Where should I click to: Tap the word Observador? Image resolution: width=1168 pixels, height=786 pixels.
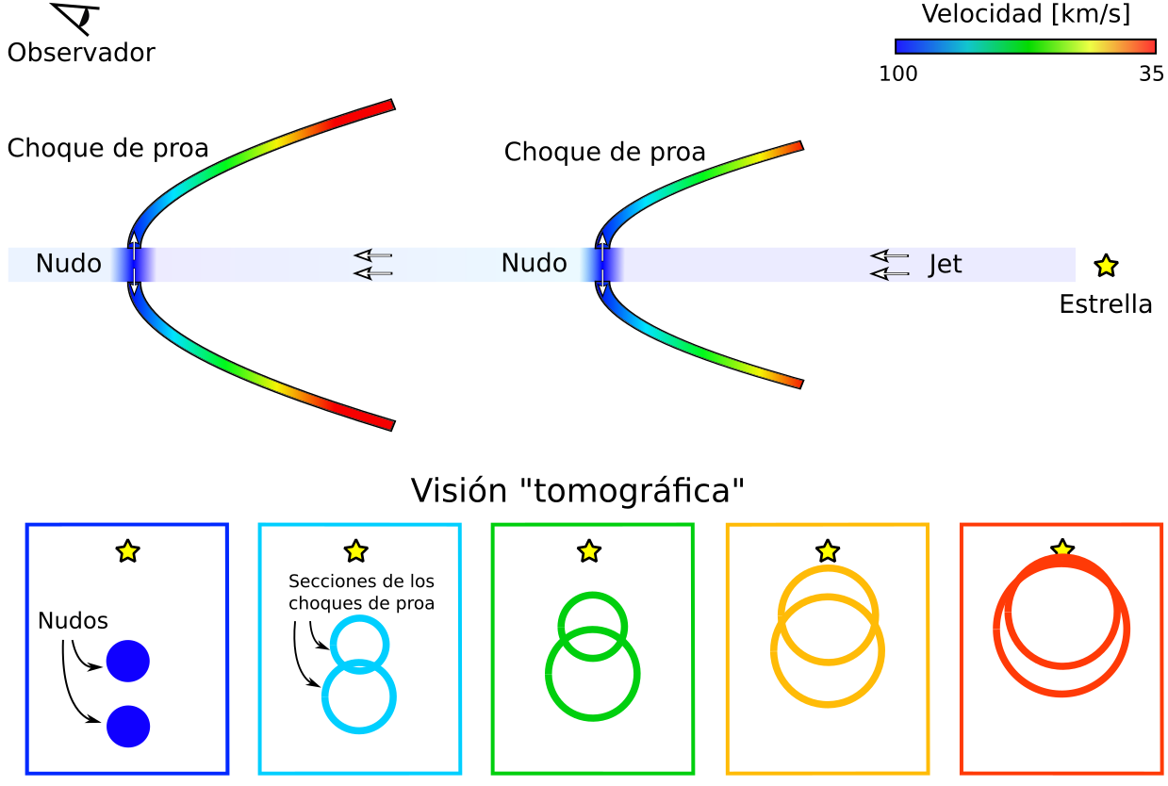coord(81,53)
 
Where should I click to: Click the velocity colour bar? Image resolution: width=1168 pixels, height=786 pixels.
coord(1025,46)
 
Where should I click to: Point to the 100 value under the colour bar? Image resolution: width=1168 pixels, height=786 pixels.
coord(897,74)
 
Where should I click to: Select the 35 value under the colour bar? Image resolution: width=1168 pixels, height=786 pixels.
coord(1151,74)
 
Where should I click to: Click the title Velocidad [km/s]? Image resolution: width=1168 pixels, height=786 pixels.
coord(1026,14)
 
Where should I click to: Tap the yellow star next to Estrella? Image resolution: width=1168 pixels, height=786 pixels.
coord(1106,266)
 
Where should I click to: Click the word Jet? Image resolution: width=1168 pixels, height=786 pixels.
coord(945,264)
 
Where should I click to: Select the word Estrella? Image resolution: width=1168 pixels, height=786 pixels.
coord(1106,304)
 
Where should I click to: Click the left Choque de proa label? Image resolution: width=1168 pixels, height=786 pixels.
coord(107,149)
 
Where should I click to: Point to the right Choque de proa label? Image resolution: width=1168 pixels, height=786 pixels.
coord(605,152)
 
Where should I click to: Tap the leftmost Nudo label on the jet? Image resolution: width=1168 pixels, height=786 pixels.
coord(68,263)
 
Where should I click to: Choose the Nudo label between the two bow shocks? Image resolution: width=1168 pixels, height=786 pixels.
coord(534,263)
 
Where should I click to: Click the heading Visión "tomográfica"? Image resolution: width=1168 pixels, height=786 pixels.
coord(577,490)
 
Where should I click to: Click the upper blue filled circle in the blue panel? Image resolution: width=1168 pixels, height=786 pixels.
coord(128,661)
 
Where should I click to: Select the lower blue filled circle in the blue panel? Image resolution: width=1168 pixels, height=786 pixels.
coord(128,727)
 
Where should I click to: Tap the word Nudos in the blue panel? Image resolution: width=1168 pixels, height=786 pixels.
coord(73,621)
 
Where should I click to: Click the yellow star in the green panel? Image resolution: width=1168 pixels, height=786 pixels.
coord(589,551)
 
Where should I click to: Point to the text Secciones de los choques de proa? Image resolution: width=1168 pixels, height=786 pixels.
coord(361,592)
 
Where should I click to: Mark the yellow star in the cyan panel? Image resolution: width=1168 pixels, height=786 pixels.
coord(356,551)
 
